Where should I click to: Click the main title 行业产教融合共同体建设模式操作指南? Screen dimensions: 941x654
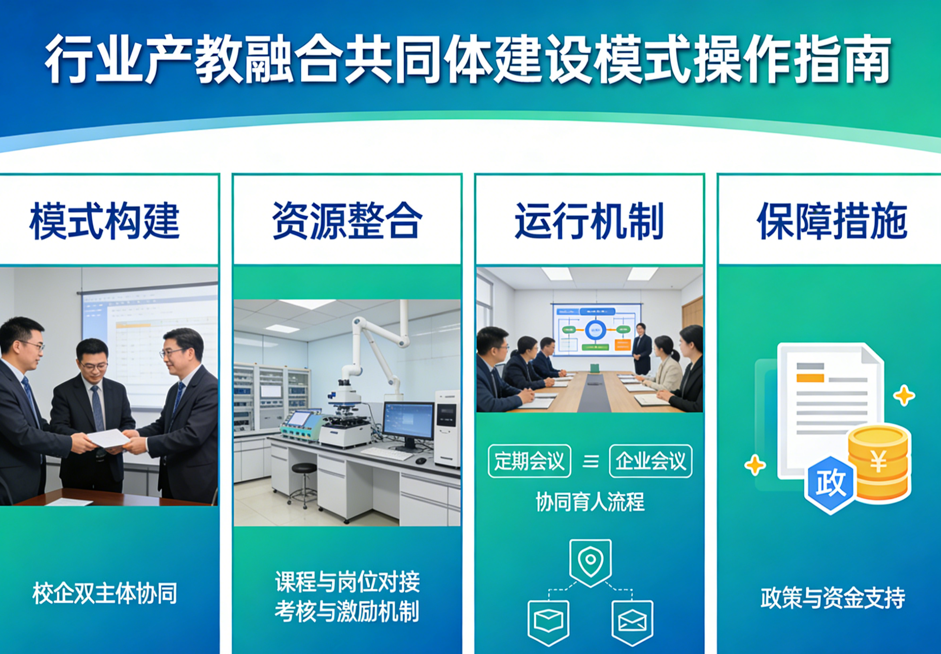pos(467,60)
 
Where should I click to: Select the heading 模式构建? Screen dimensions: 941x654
pos(105,221)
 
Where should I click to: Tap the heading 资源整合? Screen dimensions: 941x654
pos(347,221)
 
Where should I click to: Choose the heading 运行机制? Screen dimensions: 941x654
pos(589,221)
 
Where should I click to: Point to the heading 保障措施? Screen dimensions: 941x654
pos(832,221)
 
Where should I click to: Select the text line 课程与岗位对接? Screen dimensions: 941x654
pos(348,582)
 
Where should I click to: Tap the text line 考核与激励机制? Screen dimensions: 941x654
pos(347,612)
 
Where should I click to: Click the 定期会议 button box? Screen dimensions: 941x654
pos(529,461)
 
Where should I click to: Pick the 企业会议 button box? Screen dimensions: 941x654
pos(651,461)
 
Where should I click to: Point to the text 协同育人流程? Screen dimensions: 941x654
pos(590,502)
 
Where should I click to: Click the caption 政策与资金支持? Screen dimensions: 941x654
pos(833,598)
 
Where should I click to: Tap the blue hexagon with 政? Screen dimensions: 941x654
pos(830,485)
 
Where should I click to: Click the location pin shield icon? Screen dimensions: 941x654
pos(591,563)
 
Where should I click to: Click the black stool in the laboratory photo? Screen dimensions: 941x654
pos(304,485)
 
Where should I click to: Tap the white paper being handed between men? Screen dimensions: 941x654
pos(108,438)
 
